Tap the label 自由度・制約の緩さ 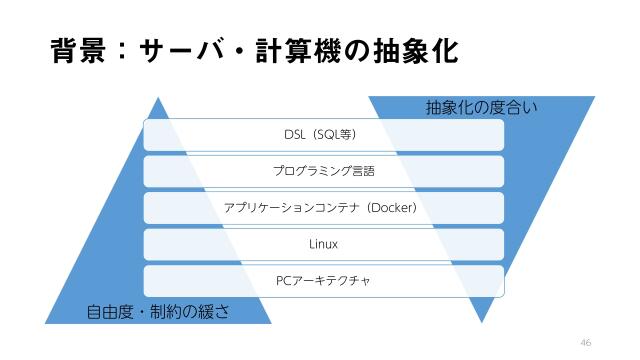tap(158, 310)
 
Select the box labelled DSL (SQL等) tap(323, 134)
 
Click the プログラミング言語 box tap(323, 171)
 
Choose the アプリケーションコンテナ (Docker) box tap(323, 208)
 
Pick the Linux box tap(323, 244)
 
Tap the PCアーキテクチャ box tap(323, 281)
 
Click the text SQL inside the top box tap(326, 134)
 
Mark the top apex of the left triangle tap(157, 97)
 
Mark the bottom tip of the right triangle tap(483, 322)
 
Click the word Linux tap(323, 244)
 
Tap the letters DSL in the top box tap(294, 134)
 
